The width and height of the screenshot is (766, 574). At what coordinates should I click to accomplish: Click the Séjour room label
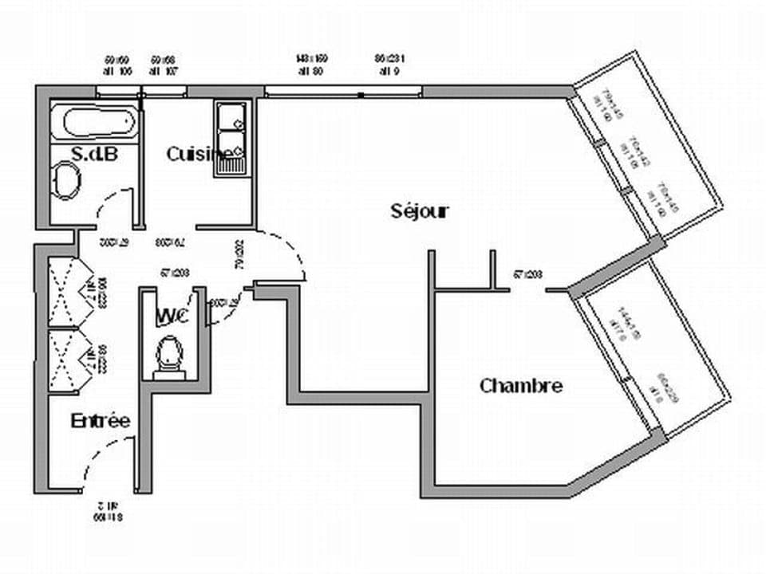point(420,211)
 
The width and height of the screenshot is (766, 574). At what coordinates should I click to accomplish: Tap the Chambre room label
point(520,387)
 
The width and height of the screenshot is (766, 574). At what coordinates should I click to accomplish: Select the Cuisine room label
point(191,154)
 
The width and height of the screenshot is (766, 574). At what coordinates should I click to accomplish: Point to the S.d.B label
point(94,153)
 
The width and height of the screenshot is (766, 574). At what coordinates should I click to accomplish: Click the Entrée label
point(100,421)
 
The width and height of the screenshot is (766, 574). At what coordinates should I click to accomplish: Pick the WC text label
point(172,316)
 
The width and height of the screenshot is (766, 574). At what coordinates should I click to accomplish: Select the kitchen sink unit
point(231,137)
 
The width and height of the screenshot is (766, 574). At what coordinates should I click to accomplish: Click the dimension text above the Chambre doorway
point(527,275)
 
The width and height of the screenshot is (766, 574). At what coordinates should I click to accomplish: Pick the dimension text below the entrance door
point(105,511)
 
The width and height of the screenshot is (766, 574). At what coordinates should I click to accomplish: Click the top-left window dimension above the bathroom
point(116,65)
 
